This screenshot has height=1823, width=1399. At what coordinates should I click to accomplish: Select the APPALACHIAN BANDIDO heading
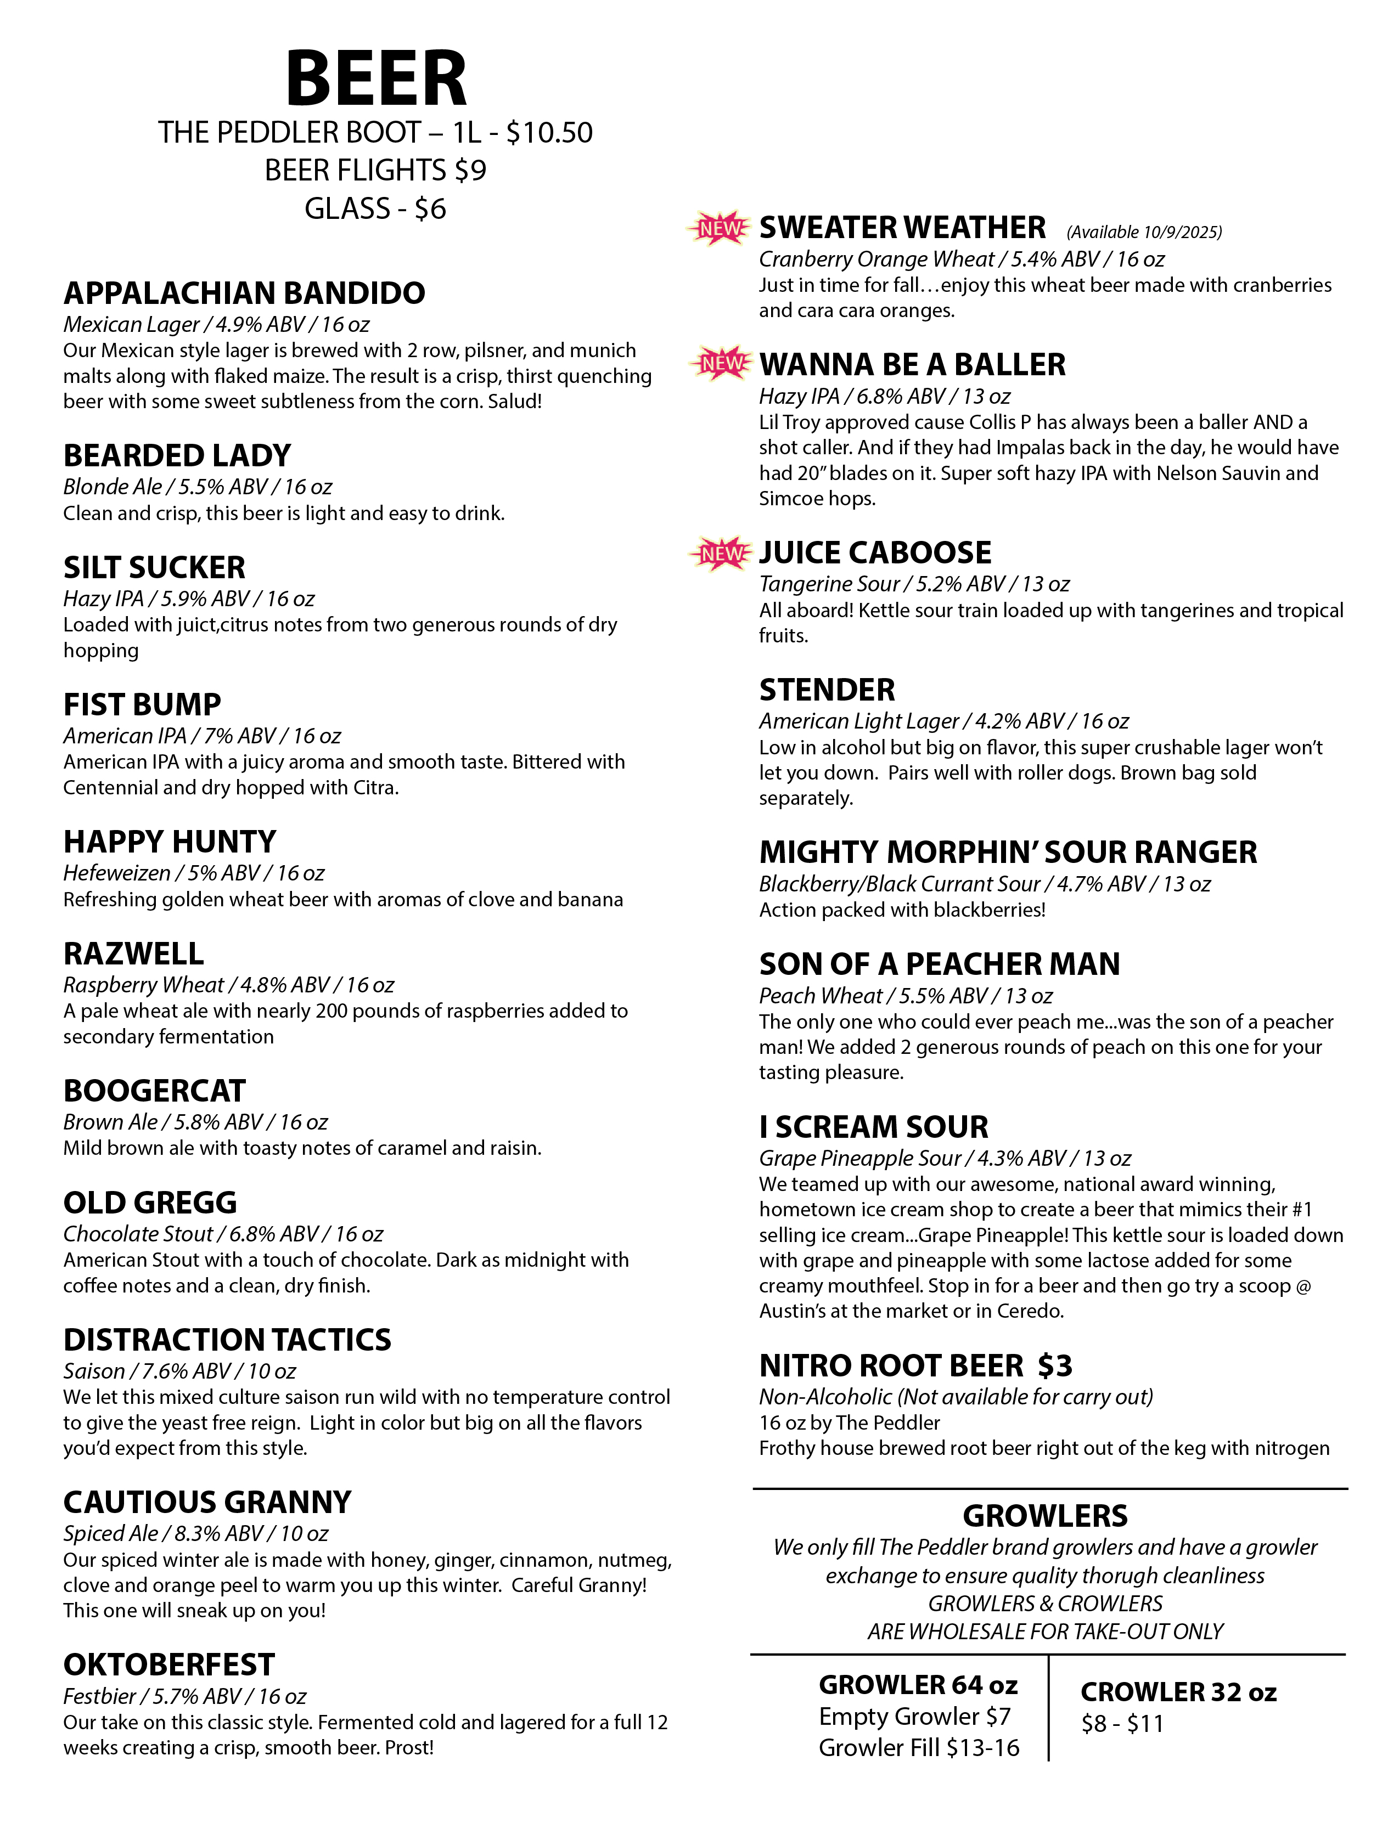(x=244, y=293)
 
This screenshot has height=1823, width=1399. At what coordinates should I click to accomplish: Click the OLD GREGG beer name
(x=150, y=1202)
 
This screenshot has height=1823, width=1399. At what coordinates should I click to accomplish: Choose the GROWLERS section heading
(x=1045, y=1516)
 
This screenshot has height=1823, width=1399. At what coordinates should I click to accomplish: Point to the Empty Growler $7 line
(x=914, y=1715)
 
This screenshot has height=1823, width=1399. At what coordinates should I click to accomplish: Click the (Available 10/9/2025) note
(x=1144, y=232)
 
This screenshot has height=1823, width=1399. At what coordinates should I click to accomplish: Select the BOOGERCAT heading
(x=154, y=1091)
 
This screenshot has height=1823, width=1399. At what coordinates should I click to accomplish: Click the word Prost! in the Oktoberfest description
(x=409, y=1747)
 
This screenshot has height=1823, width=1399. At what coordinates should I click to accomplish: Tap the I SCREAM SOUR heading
(x=874, y=1127)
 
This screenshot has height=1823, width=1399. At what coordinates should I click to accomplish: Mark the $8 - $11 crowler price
(x=1122, y=1723)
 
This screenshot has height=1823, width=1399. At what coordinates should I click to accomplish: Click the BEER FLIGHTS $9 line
(x=375, y=170)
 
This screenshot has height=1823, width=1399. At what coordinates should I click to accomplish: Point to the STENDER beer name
(x=827, y=690)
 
